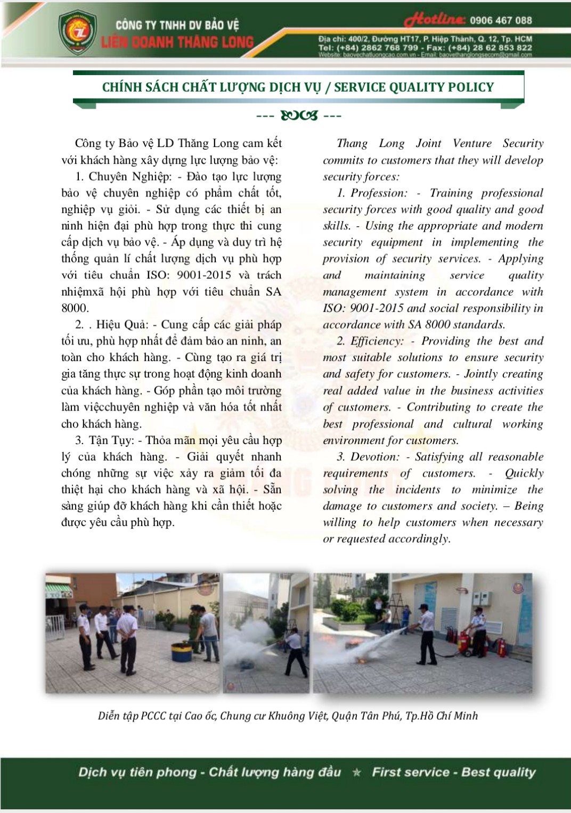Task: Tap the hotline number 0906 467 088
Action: [x=501, y=20]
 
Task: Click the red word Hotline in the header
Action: [x=435, y=20]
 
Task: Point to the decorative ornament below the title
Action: [x=299, y=116]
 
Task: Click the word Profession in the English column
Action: [x=379, y=193]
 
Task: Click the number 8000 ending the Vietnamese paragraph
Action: [x=75, y=308]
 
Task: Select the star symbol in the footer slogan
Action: [x=357, y=772]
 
